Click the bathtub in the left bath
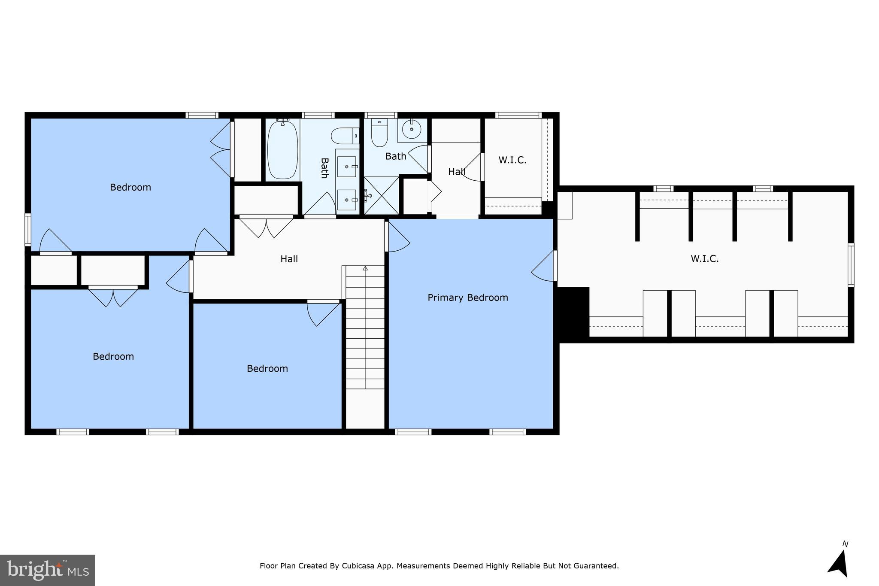[282, 150]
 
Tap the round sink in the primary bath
[412, 129]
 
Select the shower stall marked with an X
[381, 196]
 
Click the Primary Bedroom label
[467, 298]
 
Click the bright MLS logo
[48, 570]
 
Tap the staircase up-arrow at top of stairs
[365, 268]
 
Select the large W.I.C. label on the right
[704, 258]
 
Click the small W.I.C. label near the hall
[512, 160]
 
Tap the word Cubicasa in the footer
[358, 566]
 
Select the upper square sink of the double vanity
[347, 167]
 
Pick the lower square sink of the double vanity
[347, 200]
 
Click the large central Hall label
[289, 259]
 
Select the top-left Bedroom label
[130, 187]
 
